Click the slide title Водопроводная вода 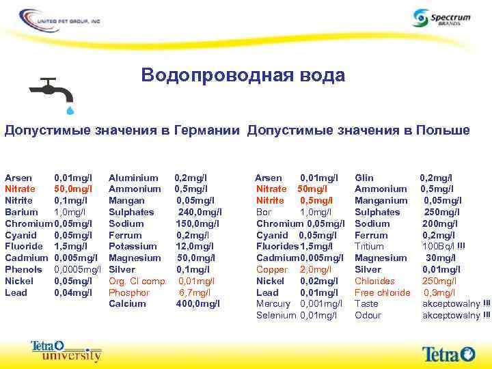(243, 75)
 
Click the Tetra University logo (66, 350)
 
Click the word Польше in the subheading (443, 130)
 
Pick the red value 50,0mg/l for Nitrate (73, 189)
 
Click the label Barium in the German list (20, 212)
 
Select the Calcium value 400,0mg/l (198, 303)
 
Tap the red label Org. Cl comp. (137, 281)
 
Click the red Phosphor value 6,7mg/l (196, 292)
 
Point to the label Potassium (133, 247)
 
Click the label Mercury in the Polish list (273, 303)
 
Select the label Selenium (276, 315)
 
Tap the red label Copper (272, 269)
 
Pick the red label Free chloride (383, 292)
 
